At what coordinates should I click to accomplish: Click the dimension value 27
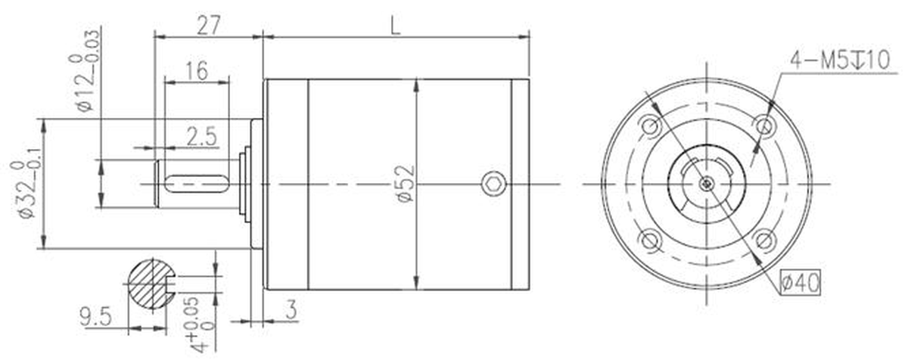[x=209, y=25]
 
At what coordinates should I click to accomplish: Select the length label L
[x=395, y=26]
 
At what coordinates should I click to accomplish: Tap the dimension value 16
[x=197, y=71]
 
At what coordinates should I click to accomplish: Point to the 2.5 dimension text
[x=202, y=136]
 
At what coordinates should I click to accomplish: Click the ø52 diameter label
[x=406, y=184]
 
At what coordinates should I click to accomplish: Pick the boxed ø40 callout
[x=800, y=282]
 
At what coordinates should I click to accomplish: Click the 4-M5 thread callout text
[x=839, y=61]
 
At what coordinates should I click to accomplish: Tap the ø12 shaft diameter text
[x=84, y=71]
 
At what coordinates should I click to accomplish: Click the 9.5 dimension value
[x=95, y=316]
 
